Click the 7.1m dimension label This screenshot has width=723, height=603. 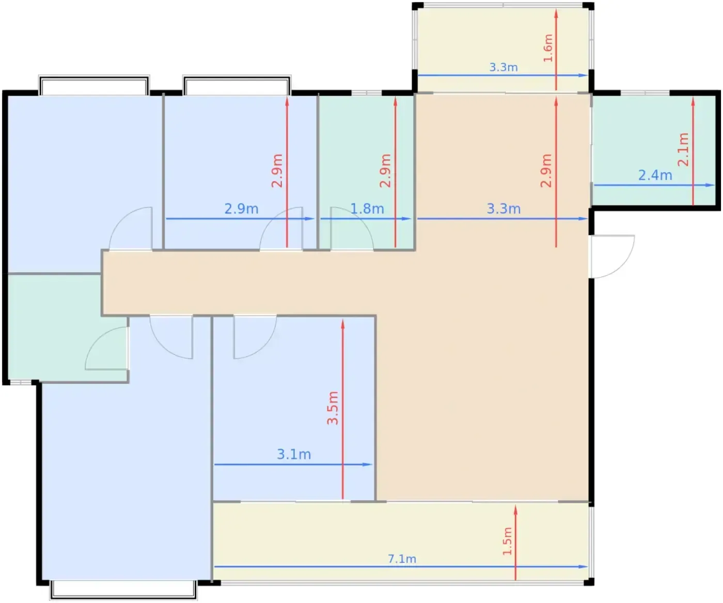402,559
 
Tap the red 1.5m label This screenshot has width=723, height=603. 507,541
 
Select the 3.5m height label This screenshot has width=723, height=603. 333,408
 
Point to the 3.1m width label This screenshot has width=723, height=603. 294,454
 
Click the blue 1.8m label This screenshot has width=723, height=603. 367,209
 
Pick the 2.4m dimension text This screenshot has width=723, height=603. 655,175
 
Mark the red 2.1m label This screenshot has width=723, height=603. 683,149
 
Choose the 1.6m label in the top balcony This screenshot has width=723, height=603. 548,48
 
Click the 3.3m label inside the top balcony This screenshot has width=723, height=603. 504,67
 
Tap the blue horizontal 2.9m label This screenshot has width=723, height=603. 241,209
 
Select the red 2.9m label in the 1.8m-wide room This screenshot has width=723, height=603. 385,171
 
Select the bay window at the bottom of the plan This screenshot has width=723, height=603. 123,590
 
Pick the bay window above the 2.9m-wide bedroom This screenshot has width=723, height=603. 237,85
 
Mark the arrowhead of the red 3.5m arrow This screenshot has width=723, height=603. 343,324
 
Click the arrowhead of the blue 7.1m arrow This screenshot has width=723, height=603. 584,567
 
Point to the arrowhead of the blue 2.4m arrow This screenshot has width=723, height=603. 710,185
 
